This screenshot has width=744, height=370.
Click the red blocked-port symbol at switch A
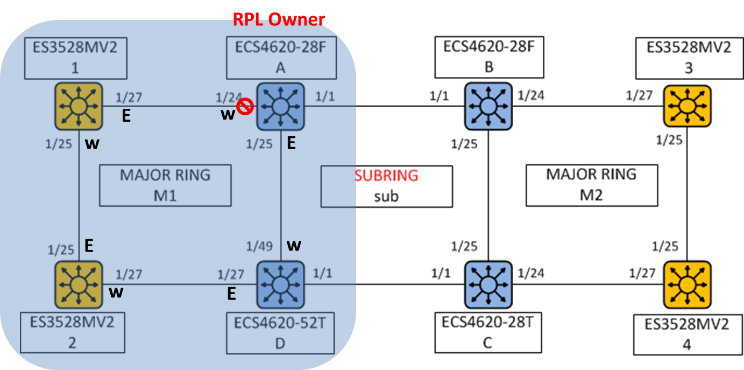245,107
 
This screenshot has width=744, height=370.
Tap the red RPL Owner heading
279,19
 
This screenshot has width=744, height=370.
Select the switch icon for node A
280,107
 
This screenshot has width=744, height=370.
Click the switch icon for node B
488,106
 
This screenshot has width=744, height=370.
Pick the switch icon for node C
488,284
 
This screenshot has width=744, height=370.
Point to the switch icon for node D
280,284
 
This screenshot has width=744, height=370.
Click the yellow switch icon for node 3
687,106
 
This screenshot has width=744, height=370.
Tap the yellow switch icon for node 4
687,284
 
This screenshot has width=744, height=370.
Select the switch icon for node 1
79,106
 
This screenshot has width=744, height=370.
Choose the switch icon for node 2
79,284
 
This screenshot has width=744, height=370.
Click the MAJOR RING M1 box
165,186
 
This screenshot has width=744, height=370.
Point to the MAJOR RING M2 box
591,186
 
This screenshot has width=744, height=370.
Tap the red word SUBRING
386,176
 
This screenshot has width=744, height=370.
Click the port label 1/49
260,247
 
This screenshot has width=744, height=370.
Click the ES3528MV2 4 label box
686,334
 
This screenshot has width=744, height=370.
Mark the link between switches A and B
385,106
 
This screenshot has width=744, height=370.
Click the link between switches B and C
488,194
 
